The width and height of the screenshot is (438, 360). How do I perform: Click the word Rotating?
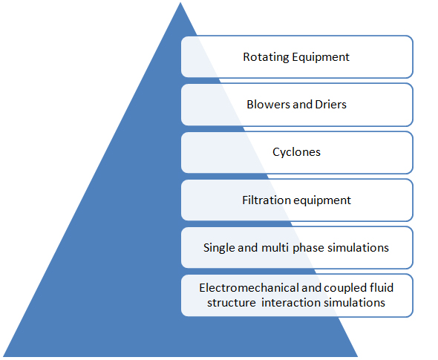(x=266, y=57)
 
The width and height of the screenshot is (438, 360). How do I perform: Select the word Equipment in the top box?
(x=321, y=57)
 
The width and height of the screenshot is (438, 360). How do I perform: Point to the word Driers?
(x=331, y=105)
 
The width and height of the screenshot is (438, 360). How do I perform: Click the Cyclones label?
(x=296, y=152)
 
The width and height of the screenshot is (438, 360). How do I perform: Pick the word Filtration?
(x=267, y=200)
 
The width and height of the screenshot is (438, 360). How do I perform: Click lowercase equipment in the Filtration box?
(x=322, y=201)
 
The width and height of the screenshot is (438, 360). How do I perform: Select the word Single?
(x=219, y=248)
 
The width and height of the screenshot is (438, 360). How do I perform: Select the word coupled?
(x=345, y=289)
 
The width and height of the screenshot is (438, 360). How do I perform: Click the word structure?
(x=232, y=303)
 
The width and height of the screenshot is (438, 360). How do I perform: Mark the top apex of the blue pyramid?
(x=180, y=2)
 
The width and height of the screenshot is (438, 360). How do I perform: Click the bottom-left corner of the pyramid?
(x=3, y=356)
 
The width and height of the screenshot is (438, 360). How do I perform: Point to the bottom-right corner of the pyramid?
(x=358, y=356)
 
